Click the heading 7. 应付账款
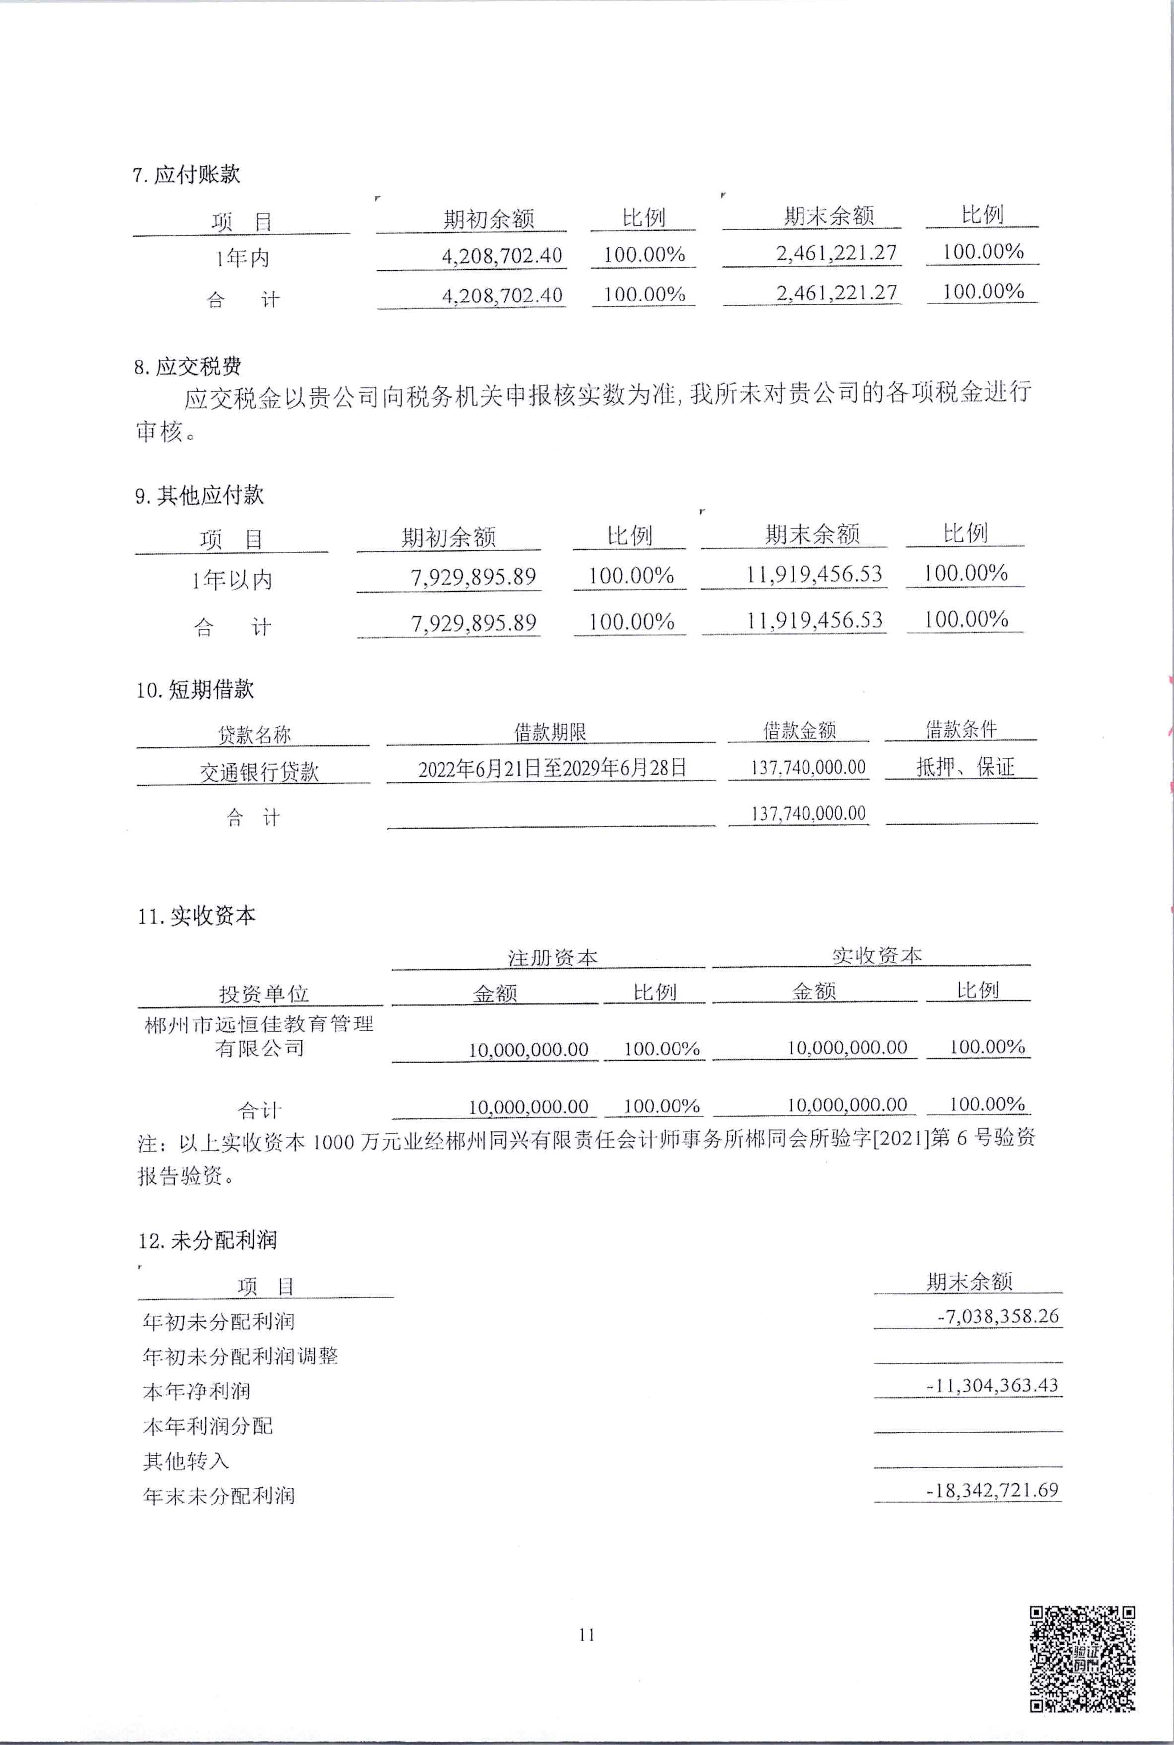click(186, 175)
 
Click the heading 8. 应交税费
click(188, 367)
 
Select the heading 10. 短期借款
click(194, 689)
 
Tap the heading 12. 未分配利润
click(207, 1240)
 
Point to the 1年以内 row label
click(232, 579)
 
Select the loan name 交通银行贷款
click(259, 771)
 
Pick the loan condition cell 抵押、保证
click(964, 767)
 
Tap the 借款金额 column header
click(799, 730)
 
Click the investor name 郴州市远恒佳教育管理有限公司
click(259, 1035)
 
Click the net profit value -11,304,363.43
click(993, 1385)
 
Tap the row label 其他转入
click(185, 1460)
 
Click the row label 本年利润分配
click(208, 1425)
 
